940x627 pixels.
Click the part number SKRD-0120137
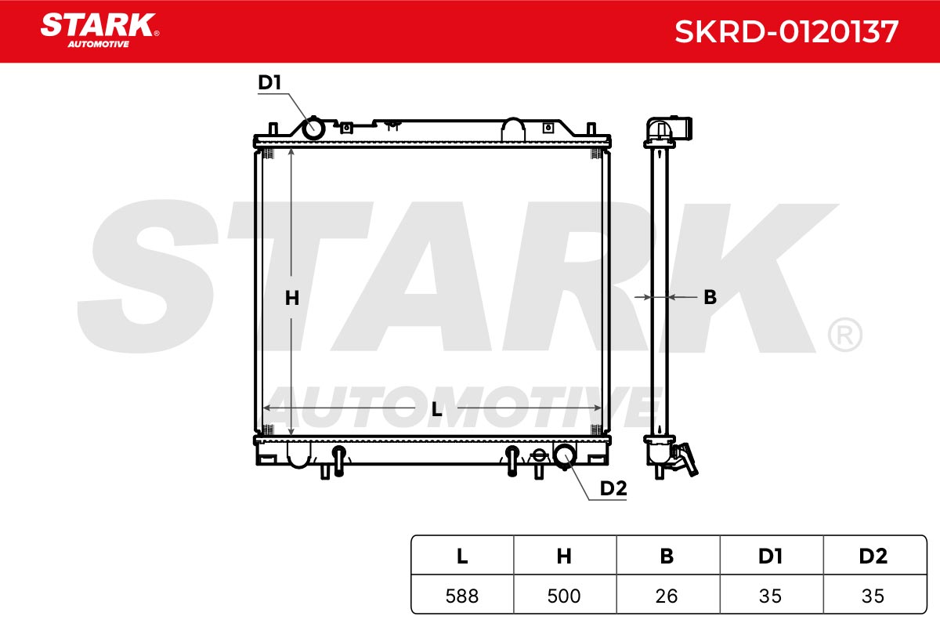786,32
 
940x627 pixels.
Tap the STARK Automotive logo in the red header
99,31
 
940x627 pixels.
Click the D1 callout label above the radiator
269,82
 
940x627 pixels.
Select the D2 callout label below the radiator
613,488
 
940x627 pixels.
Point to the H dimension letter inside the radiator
292,298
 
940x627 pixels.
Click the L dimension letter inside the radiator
437,409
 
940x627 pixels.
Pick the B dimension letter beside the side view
710,297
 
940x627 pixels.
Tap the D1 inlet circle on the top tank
313,128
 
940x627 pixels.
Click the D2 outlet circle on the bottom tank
565,456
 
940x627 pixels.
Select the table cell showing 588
462,596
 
